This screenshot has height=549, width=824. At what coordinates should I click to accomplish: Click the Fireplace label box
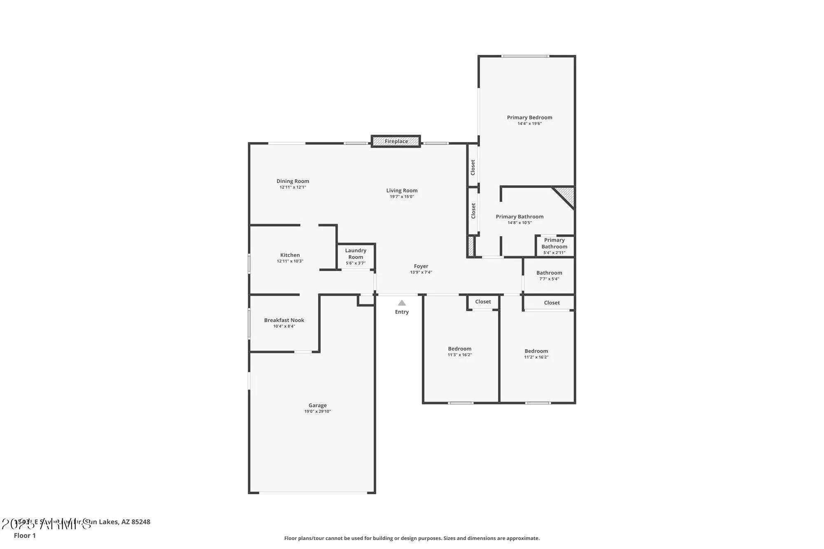(396, 141)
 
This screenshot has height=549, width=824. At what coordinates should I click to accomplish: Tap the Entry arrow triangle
(402, 303)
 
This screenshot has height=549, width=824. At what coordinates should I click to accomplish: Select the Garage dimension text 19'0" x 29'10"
(317, 411)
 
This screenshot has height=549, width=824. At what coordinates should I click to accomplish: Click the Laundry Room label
(356, 254)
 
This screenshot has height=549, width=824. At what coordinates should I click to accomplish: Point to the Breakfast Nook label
(284, 320)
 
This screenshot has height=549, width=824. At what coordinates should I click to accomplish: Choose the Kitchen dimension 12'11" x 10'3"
(290, 261)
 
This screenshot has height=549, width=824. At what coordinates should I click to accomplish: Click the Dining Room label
(293, 181)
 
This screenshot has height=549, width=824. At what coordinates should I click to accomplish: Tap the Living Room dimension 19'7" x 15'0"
(402, 197)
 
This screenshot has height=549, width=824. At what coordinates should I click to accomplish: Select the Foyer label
(421, 266)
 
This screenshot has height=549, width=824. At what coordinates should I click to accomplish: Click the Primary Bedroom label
(529, 117)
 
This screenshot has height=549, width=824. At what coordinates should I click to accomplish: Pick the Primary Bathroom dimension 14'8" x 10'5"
(520, 223)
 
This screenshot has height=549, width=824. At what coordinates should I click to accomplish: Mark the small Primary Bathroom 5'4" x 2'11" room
(554, 246)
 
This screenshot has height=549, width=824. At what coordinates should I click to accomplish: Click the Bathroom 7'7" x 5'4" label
(549, 273)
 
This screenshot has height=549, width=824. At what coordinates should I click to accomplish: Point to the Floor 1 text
(25, 535)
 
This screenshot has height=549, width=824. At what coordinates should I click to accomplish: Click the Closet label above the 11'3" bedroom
(483, 302)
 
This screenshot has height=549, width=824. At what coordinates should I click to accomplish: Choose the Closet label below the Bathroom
(552, 303)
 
